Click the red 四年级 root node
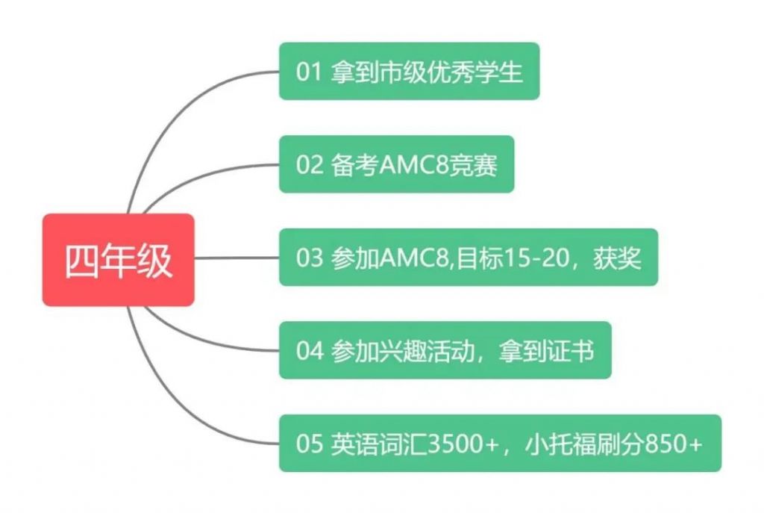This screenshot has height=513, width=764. click(118, 260)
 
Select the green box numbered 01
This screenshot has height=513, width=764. click(409, 72)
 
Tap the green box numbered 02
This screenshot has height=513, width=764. click(396, 164)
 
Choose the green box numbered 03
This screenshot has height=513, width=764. click(468, 258)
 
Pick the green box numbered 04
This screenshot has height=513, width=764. click(445, 350)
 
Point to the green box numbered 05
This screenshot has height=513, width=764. click(500, 444)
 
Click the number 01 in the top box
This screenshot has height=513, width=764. click(307, 72)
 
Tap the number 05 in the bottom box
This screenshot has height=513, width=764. click(308, 444)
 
